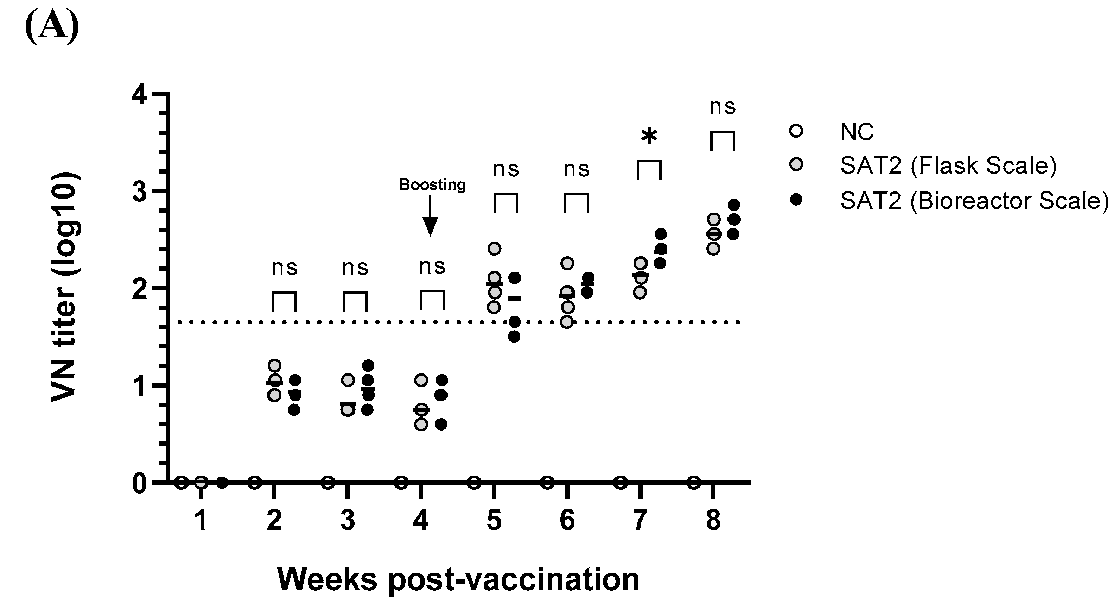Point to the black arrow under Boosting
coord(430,216)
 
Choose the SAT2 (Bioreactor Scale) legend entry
coord(974,200)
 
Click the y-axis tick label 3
coord(139,191)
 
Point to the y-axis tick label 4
coord(139,94)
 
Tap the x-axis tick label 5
coord(494,520)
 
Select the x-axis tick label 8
coord(713,520)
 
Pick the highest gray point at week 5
coord(494,249)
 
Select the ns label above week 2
coord(284,268)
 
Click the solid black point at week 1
coord(222,482)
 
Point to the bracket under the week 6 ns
coord(576,203)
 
